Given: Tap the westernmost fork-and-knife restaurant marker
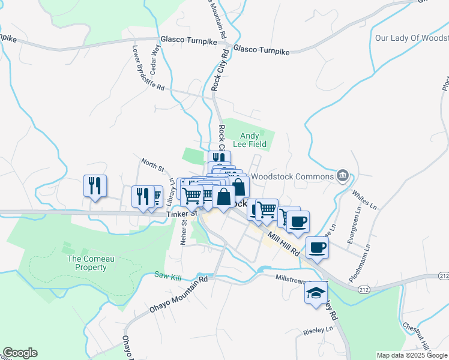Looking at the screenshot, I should pyautogui.click(x=95, y=185).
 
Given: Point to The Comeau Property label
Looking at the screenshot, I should pyautogui.click(x=87, y=263).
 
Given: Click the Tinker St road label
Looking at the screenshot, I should pyautogui.click(x=182, y=213).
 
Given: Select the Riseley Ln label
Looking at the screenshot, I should pyautogui.click(x=318, y=330).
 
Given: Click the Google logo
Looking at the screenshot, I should pyautogui.click(x=19, y=353).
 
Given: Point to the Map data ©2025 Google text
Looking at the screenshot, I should pyautogui.click(x=411, y=355).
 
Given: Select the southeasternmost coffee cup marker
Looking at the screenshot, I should pyautogui.click(x=318, y=247).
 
